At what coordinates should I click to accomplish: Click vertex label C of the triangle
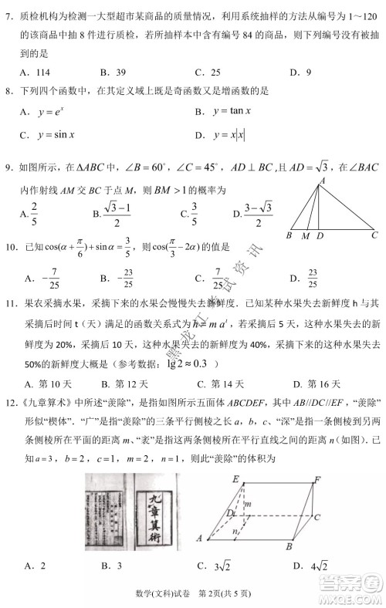click(x=374, y=235)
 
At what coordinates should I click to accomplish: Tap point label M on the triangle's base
click(x=305, y=236)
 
